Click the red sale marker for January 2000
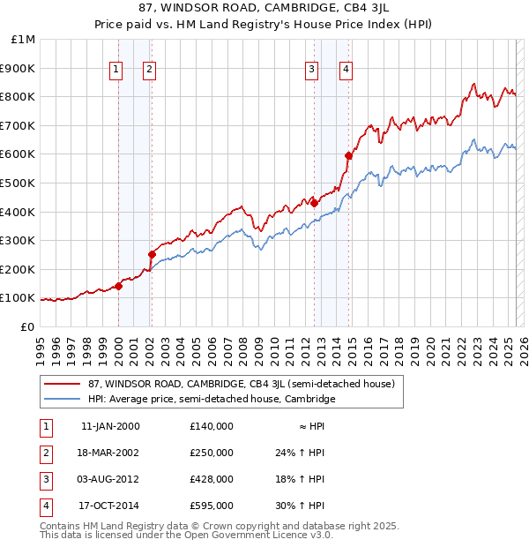pos(118,286)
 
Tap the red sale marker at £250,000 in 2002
pos(152,255)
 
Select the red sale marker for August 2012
pos(314,203)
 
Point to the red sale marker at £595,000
pos(348,155)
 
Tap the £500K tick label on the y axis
pos(18,183)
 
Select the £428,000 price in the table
pos(211,479)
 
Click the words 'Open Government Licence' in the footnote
pos(257,535)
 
